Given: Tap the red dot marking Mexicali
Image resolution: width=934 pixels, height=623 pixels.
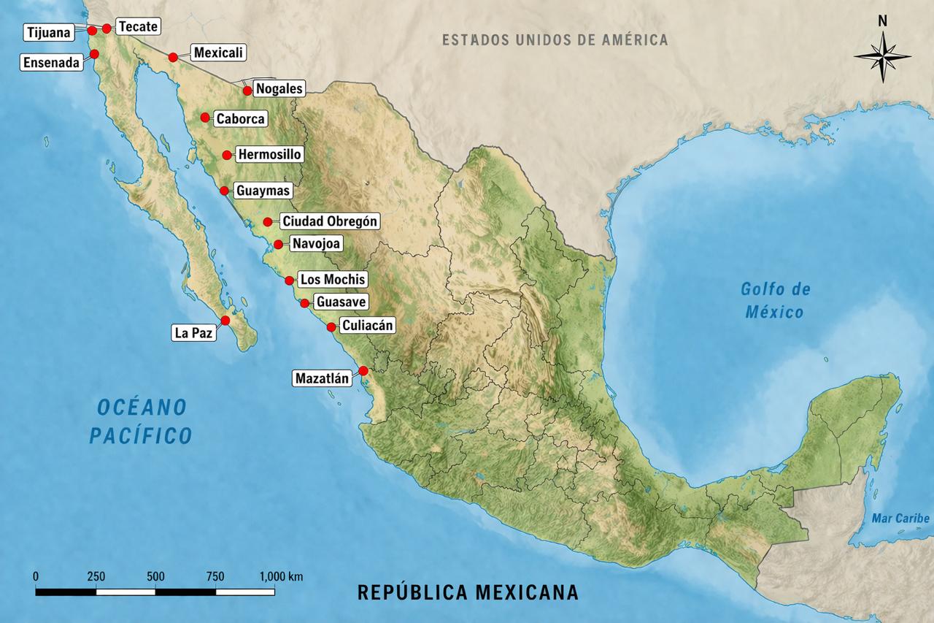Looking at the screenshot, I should tap(173, 57).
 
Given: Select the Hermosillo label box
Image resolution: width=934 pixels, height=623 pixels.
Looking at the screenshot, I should tap(269, 155).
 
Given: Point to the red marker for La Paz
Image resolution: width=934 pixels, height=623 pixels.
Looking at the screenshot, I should tap(225, 321).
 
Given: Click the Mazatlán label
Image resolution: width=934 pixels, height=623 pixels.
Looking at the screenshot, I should tap(321, 378).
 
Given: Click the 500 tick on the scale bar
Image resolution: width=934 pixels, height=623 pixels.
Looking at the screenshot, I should tap(155, 577).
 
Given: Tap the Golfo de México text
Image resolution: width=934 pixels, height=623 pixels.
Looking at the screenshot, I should tap(775, 300).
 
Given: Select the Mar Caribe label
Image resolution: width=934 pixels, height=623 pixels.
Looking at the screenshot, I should tap(900, 519).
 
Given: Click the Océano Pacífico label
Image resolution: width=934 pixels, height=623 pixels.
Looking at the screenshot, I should tap(141, 421).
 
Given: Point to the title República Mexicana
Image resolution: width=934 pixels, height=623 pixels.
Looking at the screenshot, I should tap(468, 592).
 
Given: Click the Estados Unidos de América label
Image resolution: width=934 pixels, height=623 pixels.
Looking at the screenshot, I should tap(555, 39).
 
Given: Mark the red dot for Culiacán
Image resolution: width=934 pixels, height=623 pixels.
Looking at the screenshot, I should tap(331, 326).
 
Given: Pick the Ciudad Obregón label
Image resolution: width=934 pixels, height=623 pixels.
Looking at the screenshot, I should tap(331, 221).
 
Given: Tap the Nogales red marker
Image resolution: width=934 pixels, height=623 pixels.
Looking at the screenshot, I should tap(247, 91).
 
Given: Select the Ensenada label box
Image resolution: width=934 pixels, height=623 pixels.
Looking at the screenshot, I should tap(51, 63).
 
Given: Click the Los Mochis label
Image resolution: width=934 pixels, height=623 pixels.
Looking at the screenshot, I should tap(333, 280).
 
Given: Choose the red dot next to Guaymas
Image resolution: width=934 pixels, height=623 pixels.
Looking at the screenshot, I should tap(224, 191).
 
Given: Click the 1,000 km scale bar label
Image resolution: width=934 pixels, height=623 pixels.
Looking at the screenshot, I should tap(281, 577).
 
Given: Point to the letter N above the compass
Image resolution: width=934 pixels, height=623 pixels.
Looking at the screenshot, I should tap(882, 21).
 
